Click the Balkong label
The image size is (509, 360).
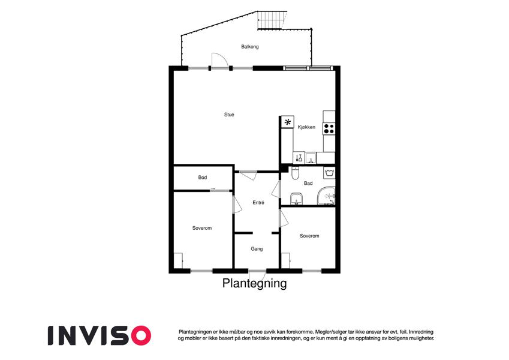[249, 47]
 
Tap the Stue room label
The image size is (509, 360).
[229, 115]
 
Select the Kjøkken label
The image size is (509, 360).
[306, 127]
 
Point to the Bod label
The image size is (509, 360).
[203, 178]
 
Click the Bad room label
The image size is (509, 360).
[308, 183]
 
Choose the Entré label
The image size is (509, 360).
[258, 202]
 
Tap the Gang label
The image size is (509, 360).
[257, 249]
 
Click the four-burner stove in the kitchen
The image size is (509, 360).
[329, 128]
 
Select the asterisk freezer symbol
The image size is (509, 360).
[288, 122]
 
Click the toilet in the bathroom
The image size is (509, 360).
[295, 173]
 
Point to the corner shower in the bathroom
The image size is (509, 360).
[326, 196]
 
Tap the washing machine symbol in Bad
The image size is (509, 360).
[329, 173]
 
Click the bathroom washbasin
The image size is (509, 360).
[296, 199]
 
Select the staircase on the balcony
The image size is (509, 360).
[272, 20]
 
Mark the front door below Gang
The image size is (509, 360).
[257, 275]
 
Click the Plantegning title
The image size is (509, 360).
[254, 283]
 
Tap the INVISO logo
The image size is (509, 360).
[100, 335]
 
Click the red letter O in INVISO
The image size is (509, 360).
[140, 335]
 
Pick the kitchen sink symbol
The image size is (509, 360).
[311, 158]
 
